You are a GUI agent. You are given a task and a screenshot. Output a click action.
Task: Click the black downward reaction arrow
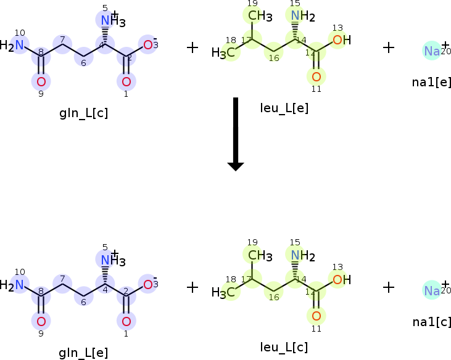click(x=236, y=134)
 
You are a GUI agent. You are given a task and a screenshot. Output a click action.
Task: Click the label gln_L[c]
click(x=84, y=113)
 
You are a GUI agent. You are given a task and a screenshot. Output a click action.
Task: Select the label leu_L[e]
click(x=284, y=108)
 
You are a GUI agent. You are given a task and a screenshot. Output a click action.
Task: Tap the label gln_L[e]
click(x=83, y=353)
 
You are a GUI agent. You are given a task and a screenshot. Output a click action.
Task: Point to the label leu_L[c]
click(x=284, y=347)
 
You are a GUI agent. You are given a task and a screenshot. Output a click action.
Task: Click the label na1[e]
click(x=431, y=82)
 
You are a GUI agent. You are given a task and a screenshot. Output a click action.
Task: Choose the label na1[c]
click(x=431, y=322)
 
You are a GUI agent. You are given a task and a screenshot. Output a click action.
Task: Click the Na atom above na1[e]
click(x=432, y=51)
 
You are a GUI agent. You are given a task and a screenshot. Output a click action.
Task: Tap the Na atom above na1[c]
click(x=432, y=290)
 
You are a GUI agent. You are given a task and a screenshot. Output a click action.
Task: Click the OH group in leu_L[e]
click(x=342, y=40)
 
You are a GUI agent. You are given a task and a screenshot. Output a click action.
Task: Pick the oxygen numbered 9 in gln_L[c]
click(x=41, y=82)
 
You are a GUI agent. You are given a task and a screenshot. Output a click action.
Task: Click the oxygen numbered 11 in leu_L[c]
click(x=317, y=316)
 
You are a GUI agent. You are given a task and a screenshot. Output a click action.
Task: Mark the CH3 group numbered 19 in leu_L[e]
click(x=260, y=16)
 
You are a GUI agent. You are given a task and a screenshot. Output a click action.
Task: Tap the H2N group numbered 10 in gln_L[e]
click(x=12, y=285)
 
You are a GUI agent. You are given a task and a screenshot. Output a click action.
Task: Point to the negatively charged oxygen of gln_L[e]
click(x=148, y=285)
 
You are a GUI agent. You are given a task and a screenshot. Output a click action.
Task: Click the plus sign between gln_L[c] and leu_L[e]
click(x=192, y=47)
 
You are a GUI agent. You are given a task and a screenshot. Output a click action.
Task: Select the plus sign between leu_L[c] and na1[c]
click(x=388, y=287)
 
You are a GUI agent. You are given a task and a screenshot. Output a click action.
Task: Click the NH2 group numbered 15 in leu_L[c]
click(x=303, y=255)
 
